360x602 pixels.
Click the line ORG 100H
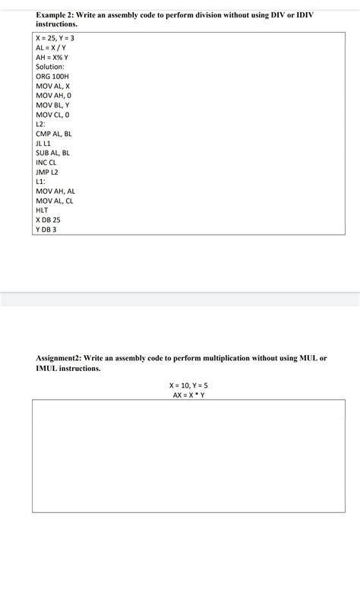click(52, 77)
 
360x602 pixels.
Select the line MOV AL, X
click(53, 86)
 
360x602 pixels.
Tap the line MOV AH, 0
click(53, 96)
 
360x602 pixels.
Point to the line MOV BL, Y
click(53, 105)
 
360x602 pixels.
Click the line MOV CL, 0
click(53, 115)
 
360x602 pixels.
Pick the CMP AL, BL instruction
click(53, 134)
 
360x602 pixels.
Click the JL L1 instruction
click(43, 143)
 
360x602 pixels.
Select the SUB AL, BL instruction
click(52, 153)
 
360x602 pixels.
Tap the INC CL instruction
click(46, 163)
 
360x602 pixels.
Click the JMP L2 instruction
click(47, 172)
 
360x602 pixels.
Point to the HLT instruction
click(42, 210)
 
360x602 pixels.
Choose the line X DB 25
click(48, 220)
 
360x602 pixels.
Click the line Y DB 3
click(46, 229)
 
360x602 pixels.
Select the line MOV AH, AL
click(55, 191)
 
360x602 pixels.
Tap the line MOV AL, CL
click(55, 201)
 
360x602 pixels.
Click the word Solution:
click(50, 67)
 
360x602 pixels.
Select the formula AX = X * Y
click(188, 394)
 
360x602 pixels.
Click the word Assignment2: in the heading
click(59, 357)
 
